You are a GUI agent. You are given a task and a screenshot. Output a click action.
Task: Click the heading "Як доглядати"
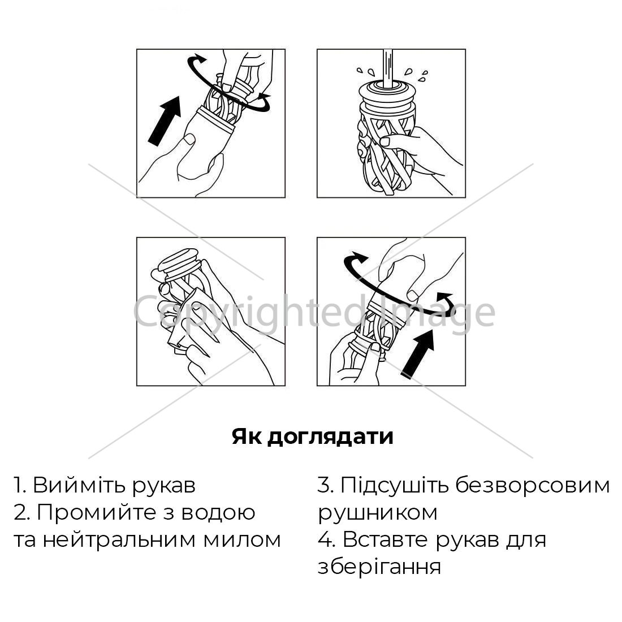click(313, 437)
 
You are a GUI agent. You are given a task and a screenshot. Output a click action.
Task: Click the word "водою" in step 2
click(218, 513)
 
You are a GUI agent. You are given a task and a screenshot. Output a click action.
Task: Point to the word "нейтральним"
click(119, 540)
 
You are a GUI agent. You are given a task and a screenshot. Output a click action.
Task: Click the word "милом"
click(242, 540)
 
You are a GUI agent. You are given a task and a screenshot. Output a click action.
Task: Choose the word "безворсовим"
click(532, 485)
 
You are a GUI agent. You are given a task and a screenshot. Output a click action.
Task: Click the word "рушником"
click(378, 513)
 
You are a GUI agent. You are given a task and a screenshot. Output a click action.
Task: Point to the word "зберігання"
click(379, 567)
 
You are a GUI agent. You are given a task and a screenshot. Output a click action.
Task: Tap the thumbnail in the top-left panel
click(190, 139)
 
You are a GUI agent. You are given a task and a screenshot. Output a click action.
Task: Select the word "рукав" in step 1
click(163, 486)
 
